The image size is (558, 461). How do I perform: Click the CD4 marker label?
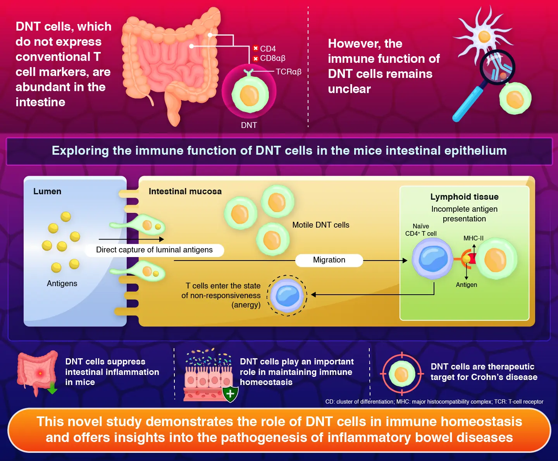point(268,49)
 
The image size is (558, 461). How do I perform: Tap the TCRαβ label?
point(288,72)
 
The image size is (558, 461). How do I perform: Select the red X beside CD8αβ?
point(255,59)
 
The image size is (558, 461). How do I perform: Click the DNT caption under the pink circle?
point(249,125)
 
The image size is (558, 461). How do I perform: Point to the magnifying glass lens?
point(497,67)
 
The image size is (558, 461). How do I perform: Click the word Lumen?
point(47,192)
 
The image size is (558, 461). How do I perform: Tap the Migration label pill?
point(329,260)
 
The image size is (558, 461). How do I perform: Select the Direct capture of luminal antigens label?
point(154,250)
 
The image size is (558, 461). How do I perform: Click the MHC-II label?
point(474,238)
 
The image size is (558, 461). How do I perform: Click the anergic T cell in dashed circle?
point(287,295)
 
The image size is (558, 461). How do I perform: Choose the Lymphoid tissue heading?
point(464,197)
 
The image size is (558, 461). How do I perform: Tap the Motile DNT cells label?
point(320,225)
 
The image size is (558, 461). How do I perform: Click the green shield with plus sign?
point(230,394)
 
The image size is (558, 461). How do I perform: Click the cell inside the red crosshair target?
point(401,375)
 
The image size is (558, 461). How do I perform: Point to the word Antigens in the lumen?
point(62,283)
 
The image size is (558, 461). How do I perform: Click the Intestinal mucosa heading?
point(185,192)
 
